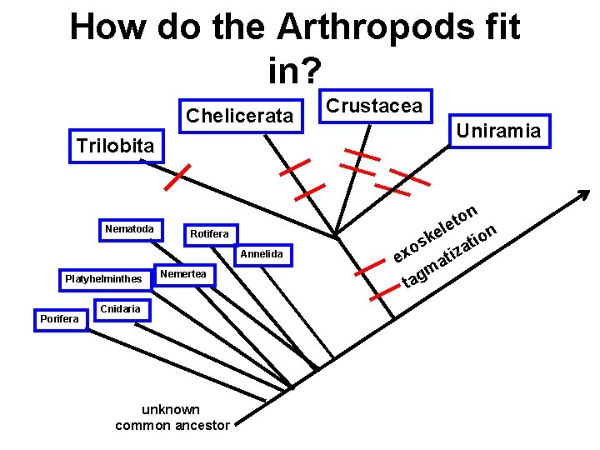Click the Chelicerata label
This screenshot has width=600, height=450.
coord(240,116)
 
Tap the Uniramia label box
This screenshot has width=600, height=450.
coord(497,130)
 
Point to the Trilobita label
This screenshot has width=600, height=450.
coord(116,146)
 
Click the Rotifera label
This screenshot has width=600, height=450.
coord(208,234)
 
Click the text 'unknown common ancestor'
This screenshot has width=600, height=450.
coord(172,417)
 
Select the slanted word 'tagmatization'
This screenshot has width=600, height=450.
coord(451,256)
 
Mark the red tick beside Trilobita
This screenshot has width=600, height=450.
coord(177,176)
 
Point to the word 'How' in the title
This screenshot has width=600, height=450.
coord(105,27)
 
